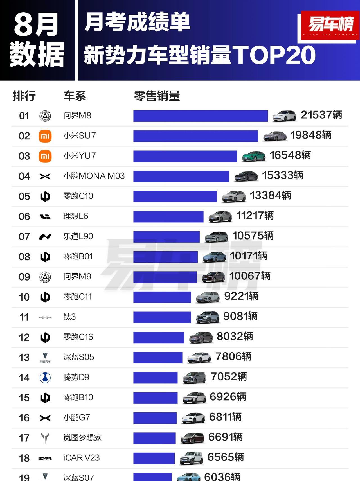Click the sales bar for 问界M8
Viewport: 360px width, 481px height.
pyautogui.click(x=200, y=116)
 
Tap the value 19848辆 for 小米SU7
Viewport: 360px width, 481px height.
pyautogui.click(x=311, y=135)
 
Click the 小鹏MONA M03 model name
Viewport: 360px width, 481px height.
pyautogui.click(x=94, y=176)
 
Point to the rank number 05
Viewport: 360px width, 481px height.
pyautogui.click(x=24, y=196)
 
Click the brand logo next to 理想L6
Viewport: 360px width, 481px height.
pyautogui.click(x=45, y=216)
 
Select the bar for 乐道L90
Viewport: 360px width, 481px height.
pyautogui.click(x=166, y=237)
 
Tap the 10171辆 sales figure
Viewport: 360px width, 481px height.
pyautogui.click(x=249, y=256)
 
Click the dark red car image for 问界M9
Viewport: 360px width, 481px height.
pyautogui.click(x=213, y=277)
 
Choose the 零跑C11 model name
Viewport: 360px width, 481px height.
pyautogui.click(x=78, y=297)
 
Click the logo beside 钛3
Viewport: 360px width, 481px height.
pyautogui.click(x=45, y=317)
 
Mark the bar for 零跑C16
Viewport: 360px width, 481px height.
pyautogui.click(x=159, y=337)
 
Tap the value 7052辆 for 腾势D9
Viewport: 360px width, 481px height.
pyautogui.click(x=229, y=377)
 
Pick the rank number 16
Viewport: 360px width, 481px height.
pyautogui.click(x=24, y=418)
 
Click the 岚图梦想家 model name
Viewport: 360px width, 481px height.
pyautogui.click(x=82, y=438)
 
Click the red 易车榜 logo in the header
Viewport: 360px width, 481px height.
pyautogui.click(x=330, y=25)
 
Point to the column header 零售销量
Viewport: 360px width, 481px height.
pyautogui.click(x=157, y=96)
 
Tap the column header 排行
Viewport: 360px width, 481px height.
pyautogui.click(x=24, y=96)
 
